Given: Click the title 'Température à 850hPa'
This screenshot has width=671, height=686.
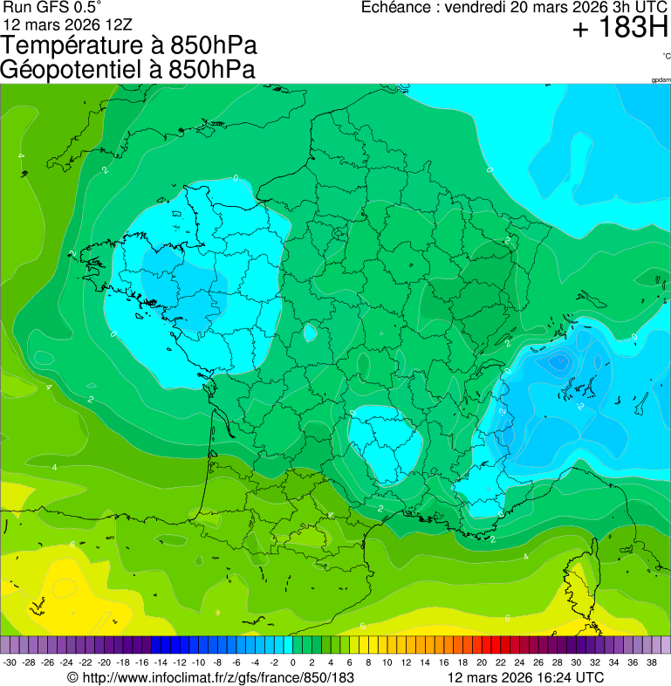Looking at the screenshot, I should coord(129,45).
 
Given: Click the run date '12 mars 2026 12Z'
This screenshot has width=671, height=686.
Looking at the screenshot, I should coord(68,24).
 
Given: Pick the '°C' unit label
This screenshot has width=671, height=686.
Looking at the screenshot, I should coord(666,57).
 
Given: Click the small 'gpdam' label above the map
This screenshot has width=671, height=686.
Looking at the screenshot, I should coord(661,80).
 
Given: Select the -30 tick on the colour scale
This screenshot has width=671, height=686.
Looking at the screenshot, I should coord(10,663).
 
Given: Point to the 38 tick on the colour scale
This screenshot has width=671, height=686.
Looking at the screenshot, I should coord(651,663).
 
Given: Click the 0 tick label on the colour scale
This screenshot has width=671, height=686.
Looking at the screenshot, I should coord(292,663).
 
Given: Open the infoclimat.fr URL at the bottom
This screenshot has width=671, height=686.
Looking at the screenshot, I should coord(217,677).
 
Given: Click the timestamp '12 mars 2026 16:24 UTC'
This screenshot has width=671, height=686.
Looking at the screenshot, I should coord(524,677).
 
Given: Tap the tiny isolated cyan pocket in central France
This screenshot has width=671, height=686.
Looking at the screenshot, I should coord(310,333).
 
